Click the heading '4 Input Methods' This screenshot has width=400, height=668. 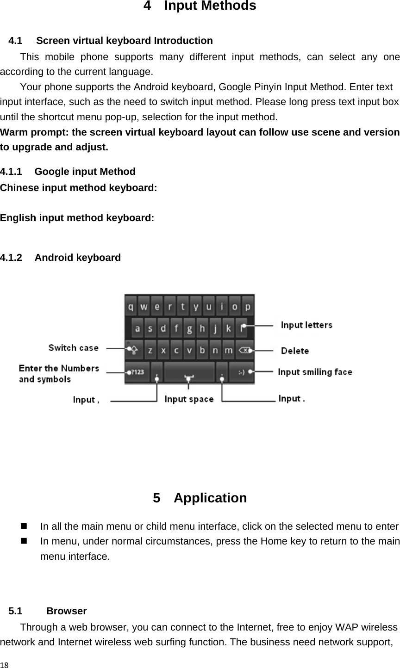pos(200,6)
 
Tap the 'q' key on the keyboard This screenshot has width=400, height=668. pos(132,307)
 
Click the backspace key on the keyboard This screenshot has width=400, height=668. pos(244,351)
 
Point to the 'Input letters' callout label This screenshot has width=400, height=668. pos(306,325)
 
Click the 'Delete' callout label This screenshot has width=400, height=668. pos(295,351)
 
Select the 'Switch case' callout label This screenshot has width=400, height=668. pos(74,348)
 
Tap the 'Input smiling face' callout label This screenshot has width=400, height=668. pos(315,372)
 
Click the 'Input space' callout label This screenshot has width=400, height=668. pos(189,399)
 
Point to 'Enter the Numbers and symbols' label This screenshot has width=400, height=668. pos(59,373)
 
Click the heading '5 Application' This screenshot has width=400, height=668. pos(200,498)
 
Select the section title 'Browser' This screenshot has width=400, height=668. pos(67,611)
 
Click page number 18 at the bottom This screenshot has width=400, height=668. pos(4,664)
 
